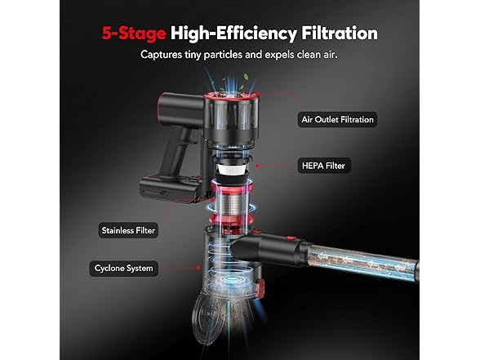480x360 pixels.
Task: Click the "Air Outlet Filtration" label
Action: (336, 119)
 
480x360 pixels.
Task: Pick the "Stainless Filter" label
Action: (127, 230)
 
